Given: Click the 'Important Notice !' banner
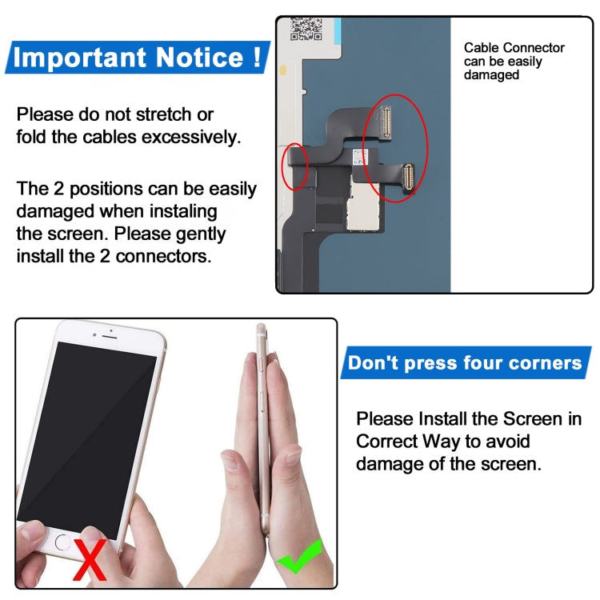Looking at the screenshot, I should click(x=137, y=58).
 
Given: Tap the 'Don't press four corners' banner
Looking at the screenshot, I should click(x=465, y=363).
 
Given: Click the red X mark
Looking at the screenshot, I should click(x=90, y=559).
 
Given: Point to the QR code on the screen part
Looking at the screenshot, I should click(x=306, y=29).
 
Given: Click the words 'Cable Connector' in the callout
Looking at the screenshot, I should click(x=514, y=48).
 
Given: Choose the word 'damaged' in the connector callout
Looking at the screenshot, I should click(x=491, y=75).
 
